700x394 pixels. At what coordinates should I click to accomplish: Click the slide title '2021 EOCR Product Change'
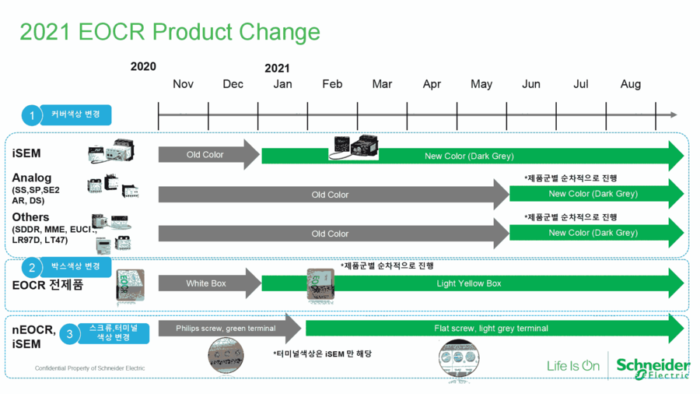[170, 32]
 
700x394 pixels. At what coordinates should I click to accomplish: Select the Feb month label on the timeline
[332, 84]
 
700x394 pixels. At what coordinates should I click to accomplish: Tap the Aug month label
[630, 84]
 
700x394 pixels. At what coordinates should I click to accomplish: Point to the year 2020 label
[143, 67]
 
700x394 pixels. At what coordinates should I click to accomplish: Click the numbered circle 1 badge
[32, 116]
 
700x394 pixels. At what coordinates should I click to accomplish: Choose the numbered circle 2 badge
[32, 268]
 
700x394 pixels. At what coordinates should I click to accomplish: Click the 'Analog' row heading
[32, 178]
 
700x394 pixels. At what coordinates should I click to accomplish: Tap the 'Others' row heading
[31, 217]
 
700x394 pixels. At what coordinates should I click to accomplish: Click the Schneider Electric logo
[653, 368]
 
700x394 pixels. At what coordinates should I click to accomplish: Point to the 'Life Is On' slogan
[573, 365]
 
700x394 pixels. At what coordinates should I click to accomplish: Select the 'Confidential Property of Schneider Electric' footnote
[90, 368]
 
